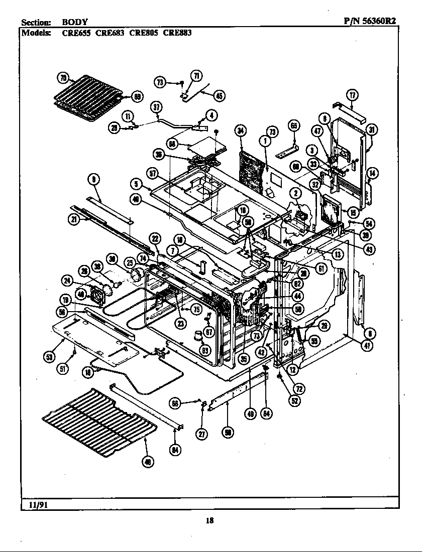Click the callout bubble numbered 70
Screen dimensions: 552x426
coord(63,78)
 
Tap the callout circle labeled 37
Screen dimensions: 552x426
coord(156,107)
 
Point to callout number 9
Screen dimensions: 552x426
coord(94,178)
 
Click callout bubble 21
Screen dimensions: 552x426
coord(74,219)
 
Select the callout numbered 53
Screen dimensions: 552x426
coord(49,357)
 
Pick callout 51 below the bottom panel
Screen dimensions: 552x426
coord(63,369)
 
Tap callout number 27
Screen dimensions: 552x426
coord(202,435)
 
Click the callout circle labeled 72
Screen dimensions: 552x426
coord(299,388)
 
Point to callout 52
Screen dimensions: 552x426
coord(295,401)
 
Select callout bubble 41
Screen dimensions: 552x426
coord(368,346)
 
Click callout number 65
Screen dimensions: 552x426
coord(294,125)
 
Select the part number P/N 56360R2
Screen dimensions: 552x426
coord(371,22)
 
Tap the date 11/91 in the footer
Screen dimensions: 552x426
coord(33,503)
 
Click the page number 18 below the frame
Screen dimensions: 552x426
coord(209,520)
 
